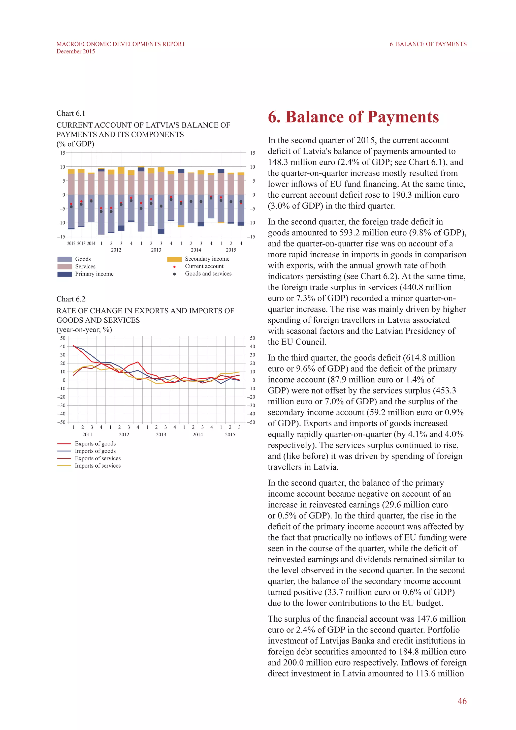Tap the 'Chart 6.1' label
(71, 113)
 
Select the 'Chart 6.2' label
(71, 299)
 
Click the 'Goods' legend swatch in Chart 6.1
(64, 259)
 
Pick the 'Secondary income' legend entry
(207, 259)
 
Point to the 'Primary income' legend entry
(94, 274)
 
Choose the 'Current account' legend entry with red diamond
(204, 266)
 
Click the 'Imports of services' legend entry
(98, 466)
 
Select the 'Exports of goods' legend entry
(95, 444)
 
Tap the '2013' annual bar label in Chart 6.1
(81, 244)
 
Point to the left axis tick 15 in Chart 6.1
(62, 153)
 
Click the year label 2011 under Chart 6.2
(87, 434)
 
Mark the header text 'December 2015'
(76, 51)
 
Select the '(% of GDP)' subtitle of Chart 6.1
(75, 144)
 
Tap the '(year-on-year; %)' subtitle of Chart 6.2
(84, 329)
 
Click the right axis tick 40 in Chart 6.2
(252, 347)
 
